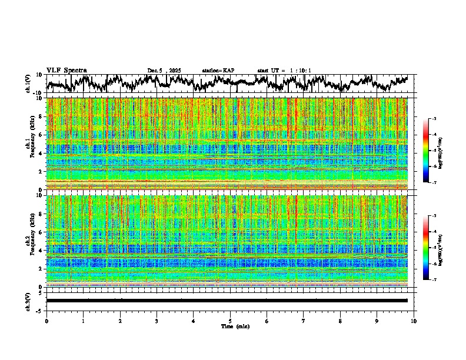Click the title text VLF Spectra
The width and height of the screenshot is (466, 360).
tap(66, 70)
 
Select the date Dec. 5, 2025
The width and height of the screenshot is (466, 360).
tap(164, 71)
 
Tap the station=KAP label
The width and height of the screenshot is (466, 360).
tap(218, 71)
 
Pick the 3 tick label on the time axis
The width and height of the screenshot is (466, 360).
tap(157, 321)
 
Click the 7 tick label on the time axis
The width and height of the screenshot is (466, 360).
tap(303, 321)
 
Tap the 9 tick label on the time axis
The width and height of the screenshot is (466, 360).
tap(377, 321)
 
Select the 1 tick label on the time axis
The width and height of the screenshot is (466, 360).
tap(83, 321)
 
